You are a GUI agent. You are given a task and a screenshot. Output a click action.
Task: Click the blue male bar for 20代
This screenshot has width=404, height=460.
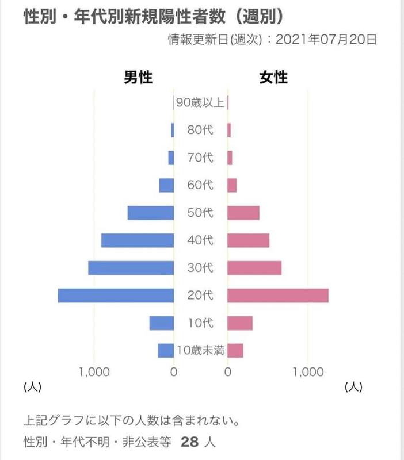(116, 296)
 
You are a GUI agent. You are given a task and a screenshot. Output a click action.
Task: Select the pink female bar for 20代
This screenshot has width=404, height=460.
(278, 296)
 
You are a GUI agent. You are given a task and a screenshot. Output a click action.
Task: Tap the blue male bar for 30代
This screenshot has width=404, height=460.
(131, 268)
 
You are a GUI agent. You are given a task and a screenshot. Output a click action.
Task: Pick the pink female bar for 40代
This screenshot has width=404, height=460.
(249, 240)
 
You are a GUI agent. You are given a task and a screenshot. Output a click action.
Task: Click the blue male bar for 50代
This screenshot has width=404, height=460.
(151, 213)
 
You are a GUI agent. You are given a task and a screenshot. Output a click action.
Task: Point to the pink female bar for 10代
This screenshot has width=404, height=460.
(240, 323)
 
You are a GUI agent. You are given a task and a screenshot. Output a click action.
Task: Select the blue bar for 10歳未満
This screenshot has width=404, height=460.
(166, 350)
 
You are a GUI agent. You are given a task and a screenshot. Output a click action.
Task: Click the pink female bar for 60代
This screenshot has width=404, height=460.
(233, 185)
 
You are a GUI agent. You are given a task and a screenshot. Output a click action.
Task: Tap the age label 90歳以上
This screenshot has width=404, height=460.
(200, 103)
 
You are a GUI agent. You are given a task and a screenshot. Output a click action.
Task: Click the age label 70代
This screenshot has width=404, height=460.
(200, 157)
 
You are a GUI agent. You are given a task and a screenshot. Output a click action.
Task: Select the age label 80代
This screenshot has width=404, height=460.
(200, 130)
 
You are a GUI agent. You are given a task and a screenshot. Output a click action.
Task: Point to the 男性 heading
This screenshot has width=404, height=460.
(138, 77)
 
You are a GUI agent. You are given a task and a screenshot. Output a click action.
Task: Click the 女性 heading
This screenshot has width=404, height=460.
(273, 77)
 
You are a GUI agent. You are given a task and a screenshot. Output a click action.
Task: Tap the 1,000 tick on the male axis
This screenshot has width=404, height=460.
(94, 372)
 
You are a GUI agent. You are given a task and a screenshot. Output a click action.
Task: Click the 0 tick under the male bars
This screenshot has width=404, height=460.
(174, 372)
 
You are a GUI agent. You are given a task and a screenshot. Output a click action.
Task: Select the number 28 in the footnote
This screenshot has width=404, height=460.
(189, 443)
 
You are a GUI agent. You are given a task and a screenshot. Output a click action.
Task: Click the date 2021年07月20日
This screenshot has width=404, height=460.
(327, 40)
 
